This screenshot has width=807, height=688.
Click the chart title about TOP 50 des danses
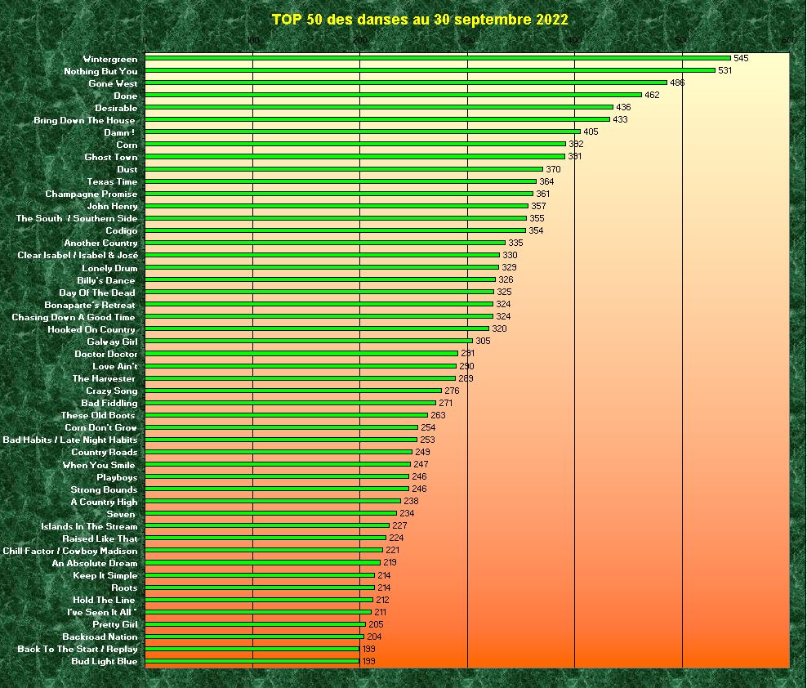[420, 20]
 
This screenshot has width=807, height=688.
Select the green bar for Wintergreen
[438, 58]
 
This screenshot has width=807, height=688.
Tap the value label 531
[725, 71]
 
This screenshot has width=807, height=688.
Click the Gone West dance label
[113, 83]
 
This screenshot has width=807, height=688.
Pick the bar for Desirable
[379, 107]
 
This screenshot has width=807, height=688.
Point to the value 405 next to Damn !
[591, 132]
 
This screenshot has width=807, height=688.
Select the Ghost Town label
[111, 157]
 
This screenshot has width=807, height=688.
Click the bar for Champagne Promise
[339, 194]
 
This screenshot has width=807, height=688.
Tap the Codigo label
[122, 230]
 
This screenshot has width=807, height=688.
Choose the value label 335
[515, 243]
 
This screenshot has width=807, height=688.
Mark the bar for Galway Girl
[309, 341]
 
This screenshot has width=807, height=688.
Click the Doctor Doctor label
[106, 354]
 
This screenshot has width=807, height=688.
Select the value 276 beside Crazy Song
[452, 391]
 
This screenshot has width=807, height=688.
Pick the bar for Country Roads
[279, 452]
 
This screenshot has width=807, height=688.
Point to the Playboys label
[117, 477]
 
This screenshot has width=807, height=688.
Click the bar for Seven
[271, 513]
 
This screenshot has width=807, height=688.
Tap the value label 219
[390, 563]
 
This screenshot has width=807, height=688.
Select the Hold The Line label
[104, 600]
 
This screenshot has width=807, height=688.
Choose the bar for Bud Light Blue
[252, 661]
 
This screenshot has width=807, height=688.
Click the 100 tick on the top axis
[252, 41]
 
